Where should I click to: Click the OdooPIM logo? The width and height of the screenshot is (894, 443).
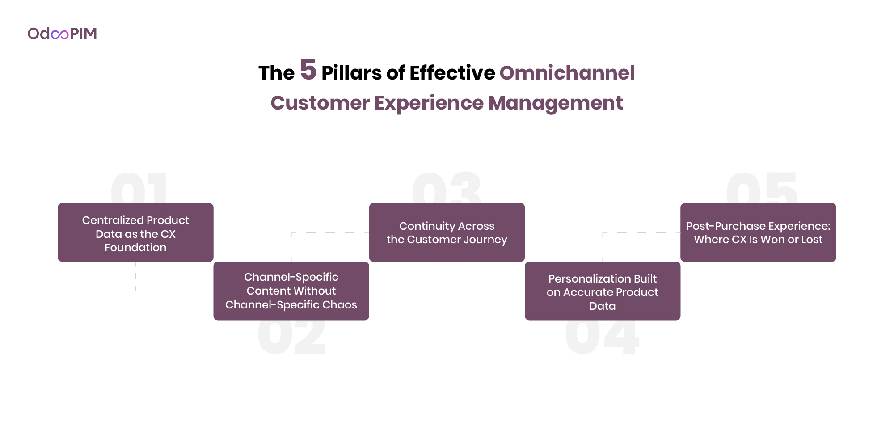click(62, 34)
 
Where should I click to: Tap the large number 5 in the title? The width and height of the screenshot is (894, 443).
click(308, 70)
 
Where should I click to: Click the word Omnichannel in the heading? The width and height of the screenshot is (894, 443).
click(567, 73)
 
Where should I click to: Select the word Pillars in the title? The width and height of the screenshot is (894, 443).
click(351, 73)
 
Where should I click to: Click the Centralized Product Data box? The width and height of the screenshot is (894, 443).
click(135, 232)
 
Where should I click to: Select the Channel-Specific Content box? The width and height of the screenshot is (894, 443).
click(291, 291)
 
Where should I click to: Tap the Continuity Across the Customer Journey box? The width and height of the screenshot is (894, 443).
click(447, 232)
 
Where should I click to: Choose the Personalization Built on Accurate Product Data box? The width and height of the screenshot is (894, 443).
click(602, 291)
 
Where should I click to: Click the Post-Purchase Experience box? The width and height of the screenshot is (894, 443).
click(758, 232)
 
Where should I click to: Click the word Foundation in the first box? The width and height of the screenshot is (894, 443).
click(135, 248)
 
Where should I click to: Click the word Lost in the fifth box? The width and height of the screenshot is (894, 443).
click(812, 240)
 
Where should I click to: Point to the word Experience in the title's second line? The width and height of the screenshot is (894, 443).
click(428, 103)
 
